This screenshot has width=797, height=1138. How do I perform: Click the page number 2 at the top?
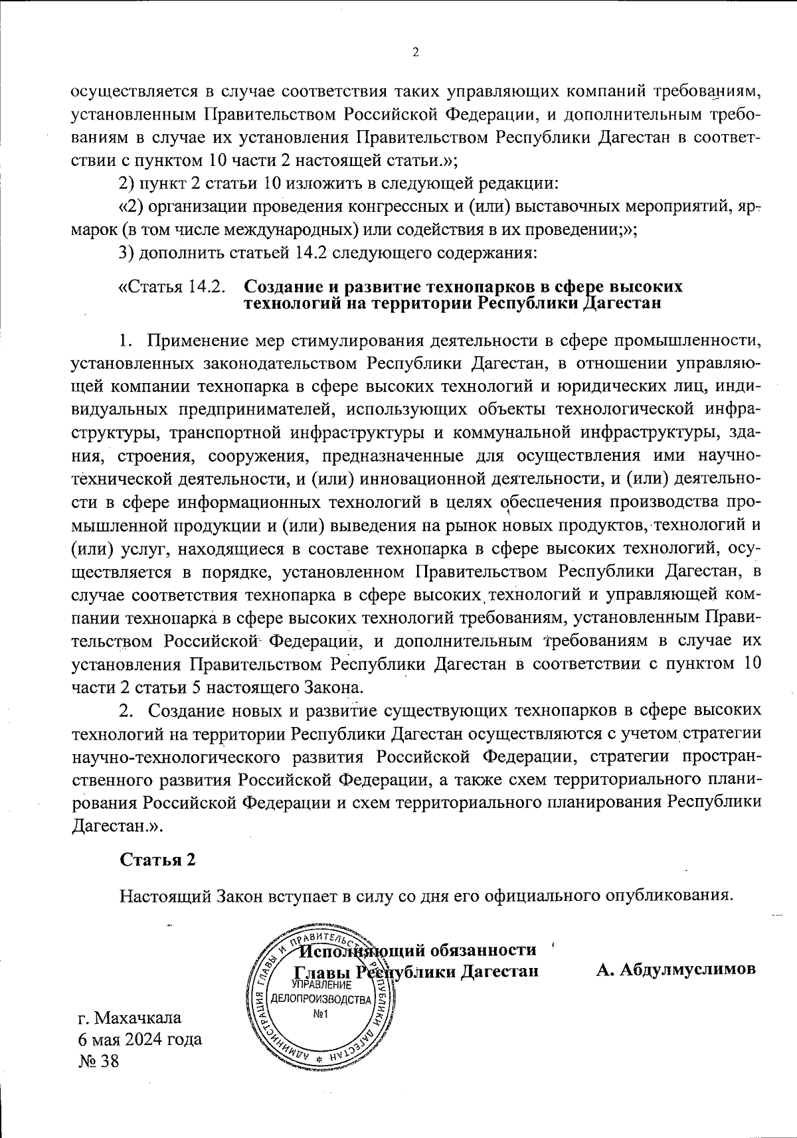pyautogui.click(x=416, y=53)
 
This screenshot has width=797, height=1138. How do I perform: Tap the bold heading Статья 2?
pyautogui.click(x=157, y=859)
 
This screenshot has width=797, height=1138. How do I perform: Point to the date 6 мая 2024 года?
pyautogui.click(x=140, y=1039)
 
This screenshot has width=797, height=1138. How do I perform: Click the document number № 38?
pyautogui.click(x=98, y=1061)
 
